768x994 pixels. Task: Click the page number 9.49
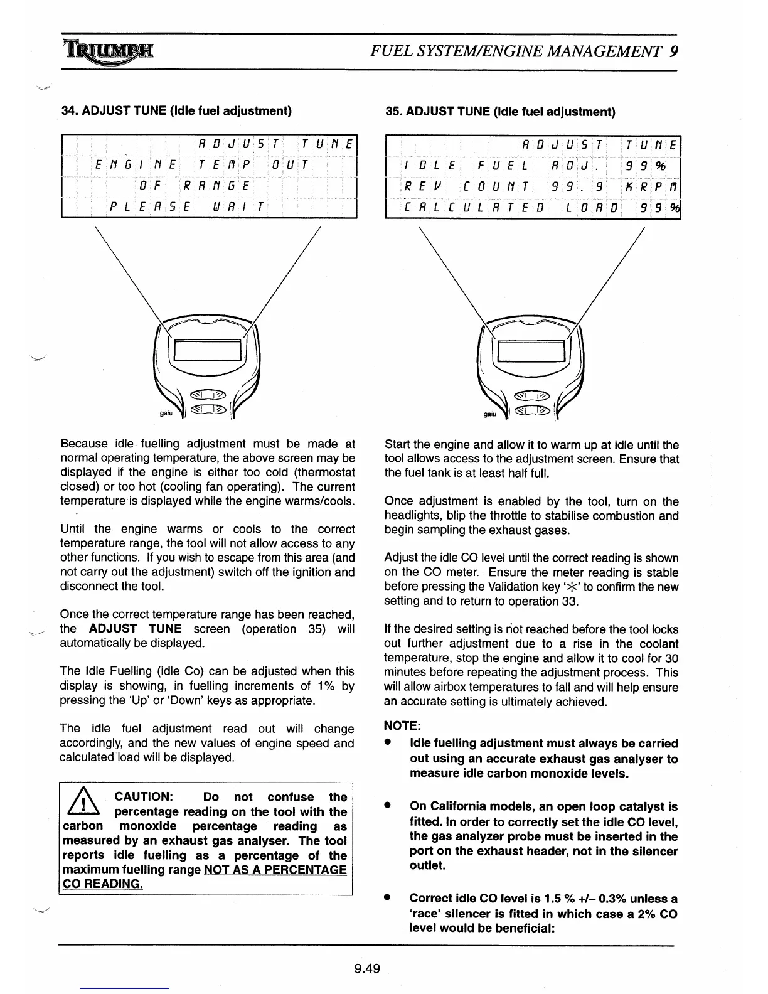click(367, 968)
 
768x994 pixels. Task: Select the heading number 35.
click(393, 112)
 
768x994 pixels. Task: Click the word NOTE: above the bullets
click(402, 725)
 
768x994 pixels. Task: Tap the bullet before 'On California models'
click(389, 806)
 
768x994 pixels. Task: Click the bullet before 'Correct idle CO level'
click(389, 898)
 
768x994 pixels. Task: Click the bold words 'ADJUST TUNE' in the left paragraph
click(135, 629)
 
